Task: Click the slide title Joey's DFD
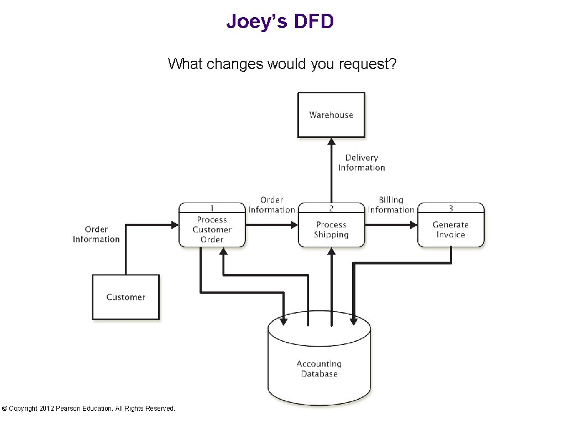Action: point(280,22)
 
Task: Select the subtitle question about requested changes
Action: point(282,64)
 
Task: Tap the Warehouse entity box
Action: point(331,115)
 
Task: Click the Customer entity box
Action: point(125,297)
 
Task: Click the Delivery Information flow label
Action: point(361,163)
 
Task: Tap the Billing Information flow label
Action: point(391,205)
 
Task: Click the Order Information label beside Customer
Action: point(96,234)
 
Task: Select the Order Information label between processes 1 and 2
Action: point(271,205)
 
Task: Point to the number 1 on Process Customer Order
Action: point(212,208)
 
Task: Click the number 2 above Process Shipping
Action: point(331,208)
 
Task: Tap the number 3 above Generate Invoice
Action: point(450,208)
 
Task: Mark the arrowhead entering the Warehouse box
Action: point(331,142)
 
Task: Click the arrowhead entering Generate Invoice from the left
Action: point(413,225)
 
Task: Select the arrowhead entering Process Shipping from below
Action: point(331,252)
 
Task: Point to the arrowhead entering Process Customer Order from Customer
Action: point(175,225)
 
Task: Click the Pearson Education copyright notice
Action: point(88,409)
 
